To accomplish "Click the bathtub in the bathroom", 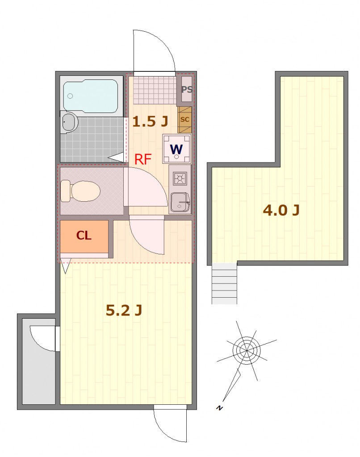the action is click(x=91, y=96).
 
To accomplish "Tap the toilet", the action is click(x=80, y=191).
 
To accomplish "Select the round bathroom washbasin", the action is click(x=69, y=122).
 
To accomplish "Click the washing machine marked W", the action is click(x=176, y=149).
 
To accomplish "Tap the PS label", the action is click(x=187, y=89).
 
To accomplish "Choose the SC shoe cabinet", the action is click(x=184, y=120).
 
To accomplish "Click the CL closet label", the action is click(x=84, y=235).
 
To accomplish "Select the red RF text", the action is click(x=143, y=159).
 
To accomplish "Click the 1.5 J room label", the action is click(x=150, y=121).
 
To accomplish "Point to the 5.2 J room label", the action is click(x=124, y=311).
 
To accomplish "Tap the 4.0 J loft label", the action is click(x=281, y=210).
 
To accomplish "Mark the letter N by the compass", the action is click(x=219, y=408).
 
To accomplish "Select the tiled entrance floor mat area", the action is click(x=155, y=90).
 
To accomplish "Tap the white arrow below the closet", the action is click(x=65, y=268).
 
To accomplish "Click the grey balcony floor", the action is click(x=38, y=361).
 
